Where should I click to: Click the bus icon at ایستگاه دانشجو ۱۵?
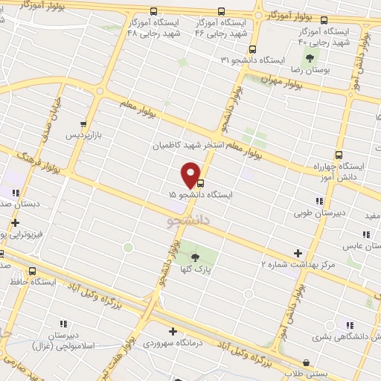[x=200, y=184]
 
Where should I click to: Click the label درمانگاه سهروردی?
[x=172, y=345]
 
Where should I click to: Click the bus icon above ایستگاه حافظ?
[x=31, y=272]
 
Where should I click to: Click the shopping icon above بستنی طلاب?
[x=306, y=362]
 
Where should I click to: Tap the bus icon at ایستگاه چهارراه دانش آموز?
[x=339, y=155]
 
